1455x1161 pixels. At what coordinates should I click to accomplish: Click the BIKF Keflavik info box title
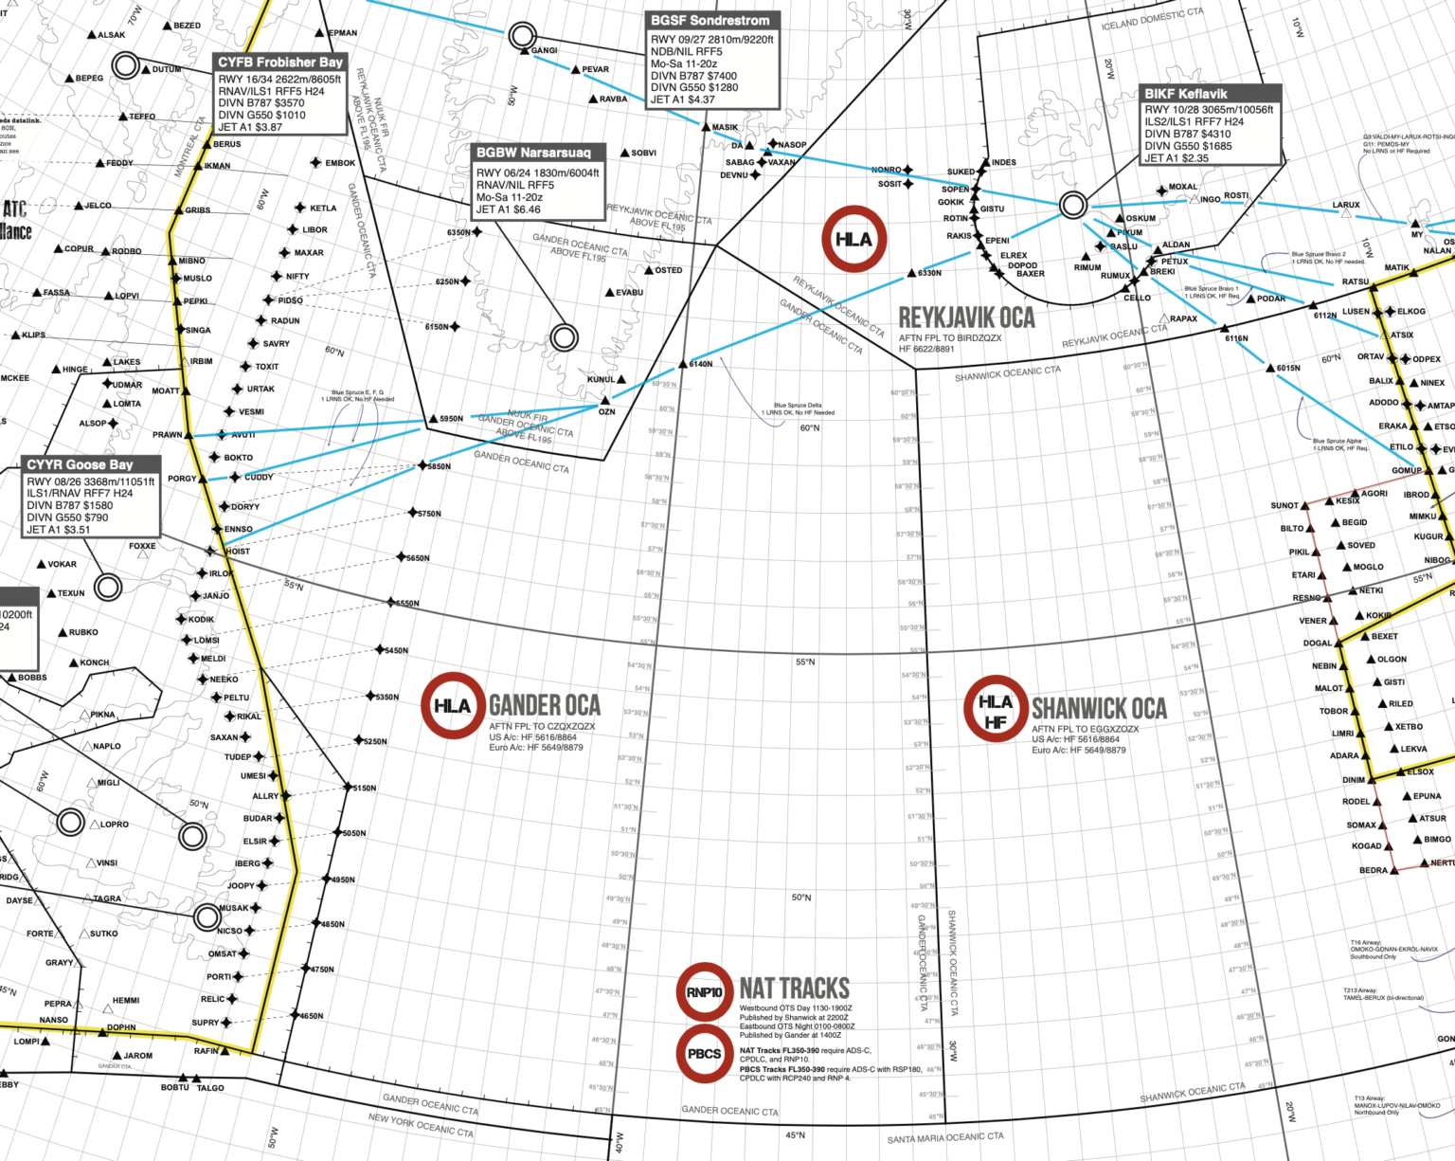pyautogui.click(x=1185, y=94)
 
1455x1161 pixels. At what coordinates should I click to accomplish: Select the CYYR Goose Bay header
pyautogui.click(x=80, y=464)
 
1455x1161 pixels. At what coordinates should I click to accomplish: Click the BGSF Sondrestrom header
pyautogui.click(x=710, y=20)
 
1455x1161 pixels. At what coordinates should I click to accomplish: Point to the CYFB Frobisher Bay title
pyautogui.click(x=279, y=62)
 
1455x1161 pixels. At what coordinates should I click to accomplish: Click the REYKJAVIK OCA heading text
pyautogui.click(x=966, y=317)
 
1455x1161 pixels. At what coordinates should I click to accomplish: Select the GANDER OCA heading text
pyautogui.click(x=544, y=705)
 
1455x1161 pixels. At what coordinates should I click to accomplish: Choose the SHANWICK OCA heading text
pyautogui.click(x=1099, y=708)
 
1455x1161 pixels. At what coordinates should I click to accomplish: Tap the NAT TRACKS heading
pyautogui.click(x=794, y=988)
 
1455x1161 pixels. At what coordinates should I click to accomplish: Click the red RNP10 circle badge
pyautogui.click(x=704, y=992)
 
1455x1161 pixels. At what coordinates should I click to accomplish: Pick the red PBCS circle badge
pyautogui.click(x=704, y=1053)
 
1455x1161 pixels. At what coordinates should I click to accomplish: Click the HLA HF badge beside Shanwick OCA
pyautogui.click(x=995, y=708)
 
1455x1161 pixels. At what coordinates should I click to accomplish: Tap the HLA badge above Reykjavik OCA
pyautogui.click(x=853, y=239)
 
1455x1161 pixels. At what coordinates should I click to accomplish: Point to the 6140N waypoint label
pyautogui.click(x=701, y=364)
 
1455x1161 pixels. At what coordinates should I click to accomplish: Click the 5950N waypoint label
pyautogui.click(x=451, y=418)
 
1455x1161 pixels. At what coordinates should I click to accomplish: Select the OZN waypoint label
pyautogui.click(x=607, y=411)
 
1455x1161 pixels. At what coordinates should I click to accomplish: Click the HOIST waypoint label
pyautogui.click(x=238, y=551)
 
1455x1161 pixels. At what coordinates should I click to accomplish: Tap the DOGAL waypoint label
pyautogui.click(x=1317, y=643)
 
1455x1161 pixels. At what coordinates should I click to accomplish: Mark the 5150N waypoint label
pyautogui.click(x=365, y=788)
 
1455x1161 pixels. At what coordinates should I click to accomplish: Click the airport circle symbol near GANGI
pyautogui.click(x=520, y=37)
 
